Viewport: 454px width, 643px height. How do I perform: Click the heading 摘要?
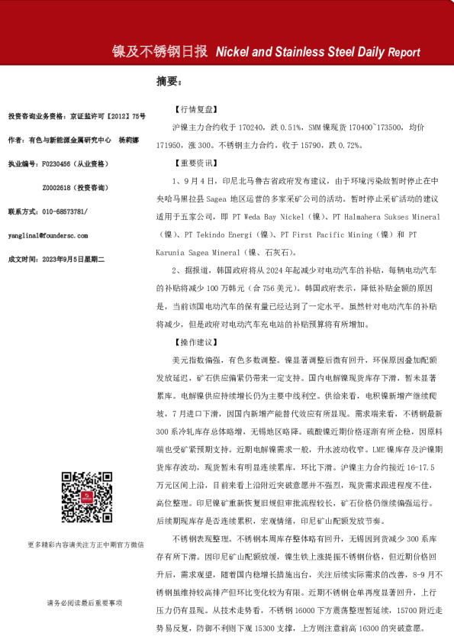(x=168, y=81)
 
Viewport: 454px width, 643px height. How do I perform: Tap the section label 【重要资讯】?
(x=198, y=163)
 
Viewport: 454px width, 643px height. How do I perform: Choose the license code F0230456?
(x=58, y=163)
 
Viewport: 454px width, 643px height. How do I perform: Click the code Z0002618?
(x=58, y=187)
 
